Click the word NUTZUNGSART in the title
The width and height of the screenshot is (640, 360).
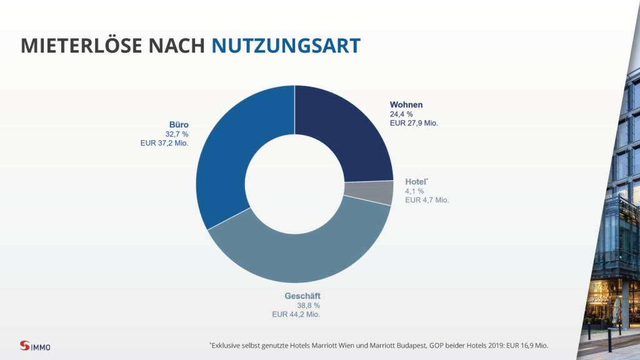click(286, 46)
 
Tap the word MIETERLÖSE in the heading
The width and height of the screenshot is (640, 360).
click(82, 46)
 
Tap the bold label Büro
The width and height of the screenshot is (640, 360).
click(179, 124)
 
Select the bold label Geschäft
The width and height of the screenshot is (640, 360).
click(298, 296)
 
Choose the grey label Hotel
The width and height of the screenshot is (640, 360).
click(417, 181)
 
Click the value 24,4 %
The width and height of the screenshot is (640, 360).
click(401, 114)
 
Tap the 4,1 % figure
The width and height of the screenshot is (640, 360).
click(414, 191)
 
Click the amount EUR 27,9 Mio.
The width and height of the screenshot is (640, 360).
click(414, 123)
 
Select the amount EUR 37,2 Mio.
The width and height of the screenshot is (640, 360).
click(165, 143)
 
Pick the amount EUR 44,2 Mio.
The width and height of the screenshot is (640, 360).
click(296, 314)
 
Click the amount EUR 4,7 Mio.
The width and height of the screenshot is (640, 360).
click(427, 200)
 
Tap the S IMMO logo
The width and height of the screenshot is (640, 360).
click(35, 346)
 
